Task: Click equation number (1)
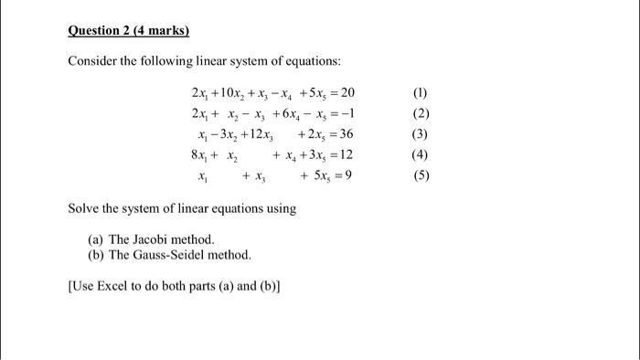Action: pos(421,93)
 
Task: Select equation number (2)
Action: pos(421,113)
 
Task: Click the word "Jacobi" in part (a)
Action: pos(152,239)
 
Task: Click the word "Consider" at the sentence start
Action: pos(91,61)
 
